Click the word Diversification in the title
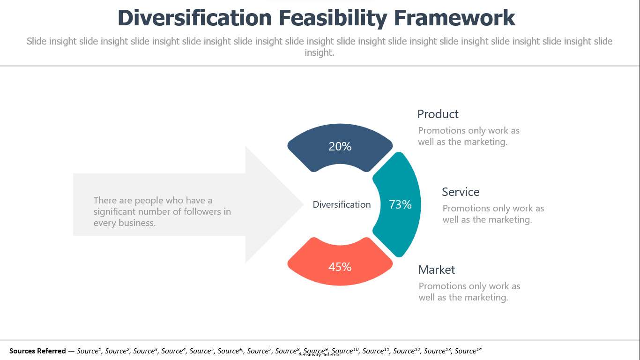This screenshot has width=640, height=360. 194,18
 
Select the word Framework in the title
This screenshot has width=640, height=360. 454,18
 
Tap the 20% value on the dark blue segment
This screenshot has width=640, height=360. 340,146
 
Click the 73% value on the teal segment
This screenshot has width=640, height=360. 400,204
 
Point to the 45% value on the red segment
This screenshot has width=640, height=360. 340,267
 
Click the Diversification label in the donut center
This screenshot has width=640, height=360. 342,204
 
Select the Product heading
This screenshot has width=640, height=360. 438,114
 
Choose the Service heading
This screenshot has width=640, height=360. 461,192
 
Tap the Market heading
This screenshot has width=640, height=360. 437,270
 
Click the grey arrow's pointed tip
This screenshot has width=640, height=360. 303,204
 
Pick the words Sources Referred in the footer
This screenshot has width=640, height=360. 37,351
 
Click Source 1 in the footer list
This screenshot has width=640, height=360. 89,351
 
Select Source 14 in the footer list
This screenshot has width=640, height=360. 468,351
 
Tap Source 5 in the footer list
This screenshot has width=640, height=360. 202,351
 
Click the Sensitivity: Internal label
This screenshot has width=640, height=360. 320,355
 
